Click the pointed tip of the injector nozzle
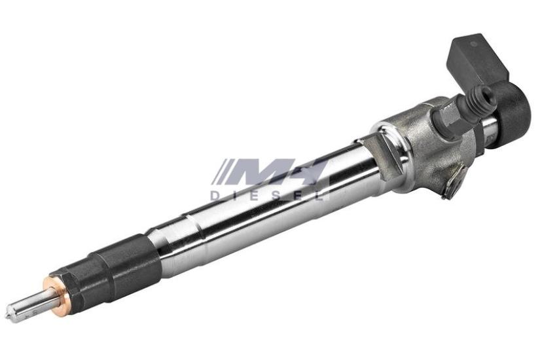[x=7, y=316]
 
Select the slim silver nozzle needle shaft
[x=30, y=305]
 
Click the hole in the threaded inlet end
[x=487, y=93]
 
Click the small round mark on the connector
[x=473, y=44]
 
